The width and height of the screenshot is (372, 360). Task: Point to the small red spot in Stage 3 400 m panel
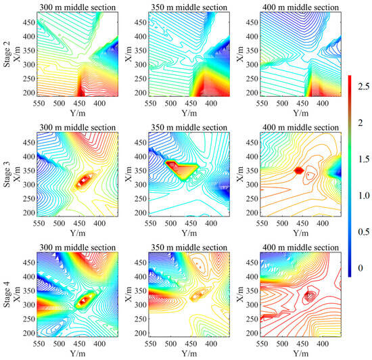(298, 171)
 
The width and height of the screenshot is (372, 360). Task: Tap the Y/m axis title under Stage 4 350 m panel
(183, 354)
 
